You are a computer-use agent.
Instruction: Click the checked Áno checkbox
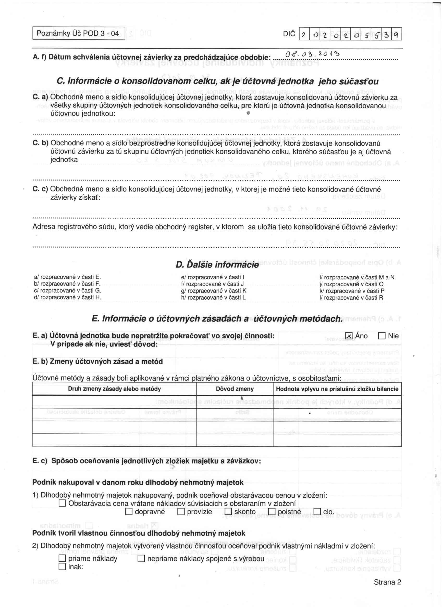click(x=349, y=336)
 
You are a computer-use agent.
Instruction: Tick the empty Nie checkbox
click(x=382, y=336)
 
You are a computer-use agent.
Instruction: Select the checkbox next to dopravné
click(x=129, y=512)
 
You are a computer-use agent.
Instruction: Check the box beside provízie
click(x=181, y=512)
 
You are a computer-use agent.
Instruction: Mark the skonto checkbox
click(x=228, y=512)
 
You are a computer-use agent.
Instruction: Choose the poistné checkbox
click(x=272, y=512)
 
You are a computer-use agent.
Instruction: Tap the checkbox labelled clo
click(x=317, y=512)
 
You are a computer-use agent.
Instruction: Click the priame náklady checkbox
click(x=62, y=559)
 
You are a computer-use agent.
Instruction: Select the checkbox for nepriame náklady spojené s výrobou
click(x=141, y=559)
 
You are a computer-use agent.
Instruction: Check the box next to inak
click(x=62, y=567)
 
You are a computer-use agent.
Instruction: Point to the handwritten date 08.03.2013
click(x=312, y=55)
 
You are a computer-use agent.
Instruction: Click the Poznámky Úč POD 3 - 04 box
click(x=79, y=33)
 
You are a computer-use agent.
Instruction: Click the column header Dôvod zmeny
click(x=235, y=389)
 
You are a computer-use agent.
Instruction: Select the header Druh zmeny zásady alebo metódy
click(x=114, y=389)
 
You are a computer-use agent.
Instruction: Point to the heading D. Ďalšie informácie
click(x=217, y=265)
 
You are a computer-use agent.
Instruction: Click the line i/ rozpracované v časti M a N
click(x=357, y=277)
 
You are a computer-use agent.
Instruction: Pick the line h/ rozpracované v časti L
click(x=213, y=297)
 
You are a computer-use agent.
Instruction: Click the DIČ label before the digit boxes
click(x=289, y=34)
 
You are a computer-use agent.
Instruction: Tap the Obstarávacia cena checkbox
click(x=62, y=503)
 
